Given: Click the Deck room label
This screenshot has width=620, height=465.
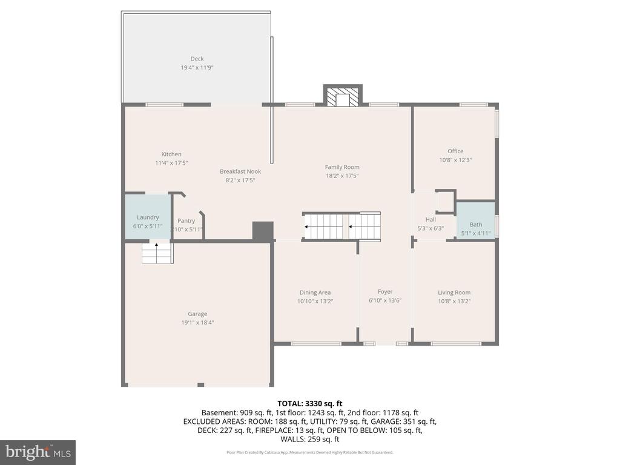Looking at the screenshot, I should [x=197, y=59].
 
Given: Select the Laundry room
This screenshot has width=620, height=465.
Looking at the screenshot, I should [x=148, y=217].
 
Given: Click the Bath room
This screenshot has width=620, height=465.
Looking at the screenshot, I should [x=476, y=225].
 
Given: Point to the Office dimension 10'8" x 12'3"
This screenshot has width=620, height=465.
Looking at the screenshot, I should [x=455, y=160].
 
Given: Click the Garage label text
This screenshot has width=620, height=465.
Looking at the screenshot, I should [x=197, y=314].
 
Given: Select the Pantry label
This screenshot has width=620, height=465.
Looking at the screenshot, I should [x=186, y=221].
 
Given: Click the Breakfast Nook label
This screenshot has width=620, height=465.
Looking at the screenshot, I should [x=240, y=171].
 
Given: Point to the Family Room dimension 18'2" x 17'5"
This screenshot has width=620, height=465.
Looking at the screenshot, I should [x=342, y=176].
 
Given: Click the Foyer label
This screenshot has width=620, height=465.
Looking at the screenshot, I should [x=385, y=292].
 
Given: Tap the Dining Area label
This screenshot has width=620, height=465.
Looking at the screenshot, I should [x=315, y=292].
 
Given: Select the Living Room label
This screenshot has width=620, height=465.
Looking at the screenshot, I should [x=454, y=292].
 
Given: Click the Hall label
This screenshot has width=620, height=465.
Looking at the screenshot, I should [x=430, y=219].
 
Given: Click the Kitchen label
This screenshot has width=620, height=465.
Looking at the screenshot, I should [x=171, y=154].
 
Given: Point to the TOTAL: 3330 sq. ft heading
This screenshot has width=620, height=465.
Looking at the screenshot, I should [x=309, y=403].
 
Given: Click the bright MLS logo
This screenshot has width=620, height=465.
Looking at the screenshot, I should [x=38, y=452].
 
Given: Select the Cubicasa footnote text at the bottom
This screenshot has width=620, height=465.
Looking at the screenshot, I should [x=309, y=452].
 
